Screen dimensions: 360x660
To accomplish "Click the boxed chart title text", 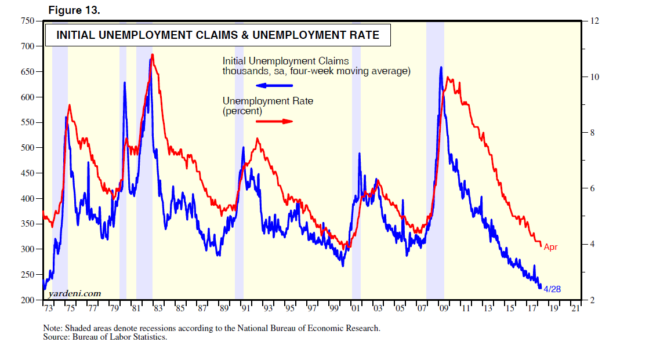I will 217,35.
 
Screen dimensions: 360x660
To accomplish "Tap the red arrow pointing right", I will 274,121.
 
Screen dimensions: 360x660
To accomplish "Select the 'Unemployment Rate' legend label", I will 268,101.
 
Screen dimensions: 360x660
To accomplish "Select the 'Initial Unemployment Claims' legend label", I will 286,61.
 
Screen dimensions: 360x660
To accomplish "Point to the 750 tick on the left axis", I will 27,21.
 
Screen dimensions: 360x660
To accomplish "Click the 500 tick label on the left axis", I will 27,148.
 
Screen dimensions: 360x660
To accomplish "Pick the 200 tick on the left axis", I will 27,300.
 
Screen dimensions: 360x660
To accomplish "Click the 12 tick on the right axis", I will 594,21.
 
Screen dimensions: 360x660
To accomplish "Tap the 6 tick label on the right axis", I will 592,188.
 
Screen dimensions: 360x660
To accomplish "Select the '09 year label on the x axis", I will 444,308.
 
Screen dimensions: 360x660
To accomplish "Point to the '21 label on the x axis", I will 575,308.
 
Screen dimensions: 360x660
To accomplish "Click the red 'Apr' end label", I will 550,247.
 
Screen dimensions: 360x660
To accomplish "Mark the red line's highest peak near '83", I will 152,55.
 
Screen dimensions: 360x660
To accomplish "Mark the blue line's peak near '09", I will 441,67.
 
